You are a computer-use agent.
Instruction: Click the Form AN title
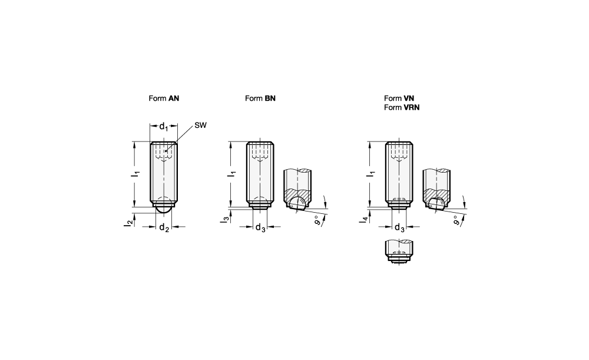(164, 98)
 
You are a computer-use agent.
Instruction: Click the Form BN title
(260, 98)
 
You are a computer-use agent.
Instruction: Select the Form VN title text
(399, 98)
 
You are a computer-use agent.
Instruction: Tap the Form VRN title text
(402, 107)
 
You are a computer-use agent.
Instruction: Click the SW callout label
(201, 125)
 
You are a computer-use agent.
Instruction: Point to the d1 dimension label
(164, 127)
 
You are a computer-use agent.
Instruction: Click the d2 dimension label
(164, 227)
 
